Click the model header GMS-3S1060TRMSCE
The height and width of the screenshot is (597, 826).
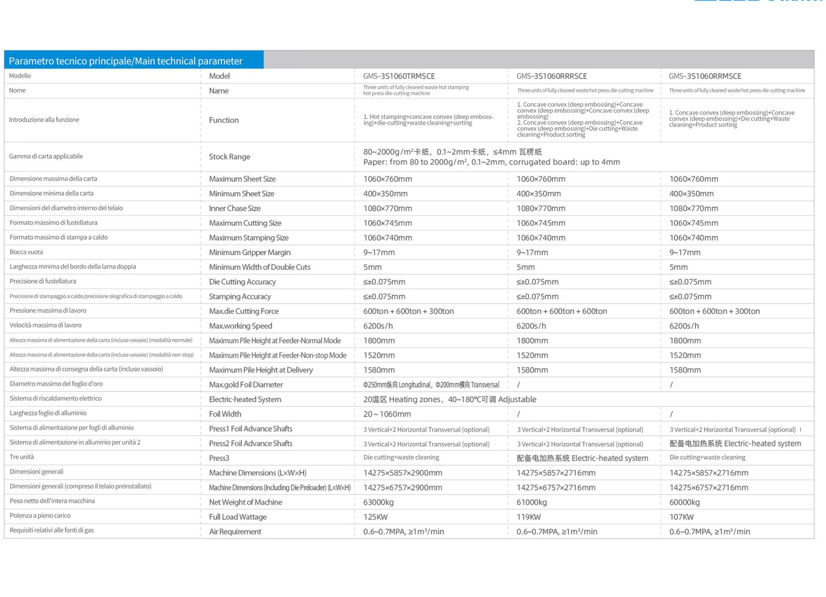pos(399,76)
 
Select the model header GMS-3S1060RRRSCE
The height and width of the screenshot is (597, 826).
pos(552,76)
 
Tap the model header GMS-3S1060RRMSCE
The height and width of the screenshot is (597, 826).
pos(705,76)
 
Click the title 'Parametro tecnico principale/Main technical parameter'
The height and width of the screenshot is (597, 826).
pos(125,61)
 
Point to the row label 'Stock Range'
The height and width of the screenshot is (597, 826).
pos(230,157)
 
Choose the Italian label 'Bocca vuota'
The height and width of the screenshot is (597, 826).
pos(26,252)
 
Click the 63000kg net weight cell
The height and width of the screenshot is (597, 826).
pos(378,502)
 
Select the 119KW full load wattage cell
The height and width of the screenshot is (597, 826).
pos(529,517)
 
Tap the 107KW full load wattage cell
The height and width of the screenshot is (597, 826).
pos(681,517)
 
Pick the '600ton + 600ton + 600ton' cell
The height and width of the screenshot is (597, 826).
pos(562,311)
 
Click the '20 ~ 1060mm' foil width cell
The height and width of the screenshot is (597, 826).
pos(387,414)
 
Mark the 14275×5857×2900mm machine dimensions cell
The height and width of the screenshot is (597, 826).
pos(403,473)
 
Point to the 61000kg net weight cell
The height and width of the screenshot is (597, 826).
pos(532,502)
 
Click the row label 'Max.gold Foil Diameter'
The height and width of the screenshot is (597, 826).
pos(246,385)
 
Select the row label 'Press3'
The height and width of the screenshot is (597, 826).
pos(219,458)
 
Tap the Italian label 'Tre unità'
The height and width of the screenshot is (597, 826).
pos(22,457)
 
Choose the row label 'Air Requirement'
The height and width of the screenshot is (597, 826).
pos(235,531)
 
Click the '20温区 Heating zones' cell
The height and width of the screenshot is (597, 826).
pos(450,399)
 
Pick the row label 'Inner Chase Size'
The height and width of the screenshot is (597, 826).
pos(235,208)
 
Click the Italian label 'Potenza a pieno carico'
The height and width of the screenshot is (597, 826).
pos(40,515)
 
